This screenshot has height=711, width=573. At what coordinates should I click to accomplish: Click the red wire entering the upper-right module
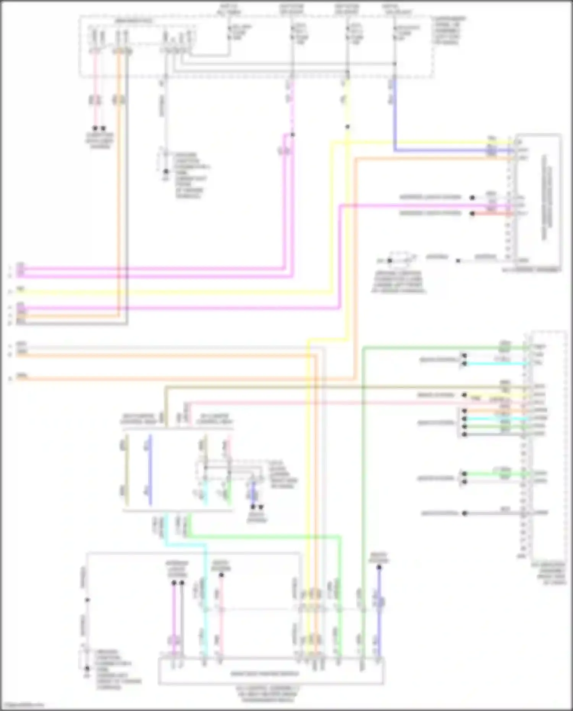493,214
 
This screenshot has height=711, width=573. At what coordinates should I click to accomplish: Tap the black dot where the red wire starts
472,214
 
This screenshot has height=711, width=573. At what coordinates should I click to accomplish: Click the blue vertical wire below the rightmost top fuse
394,115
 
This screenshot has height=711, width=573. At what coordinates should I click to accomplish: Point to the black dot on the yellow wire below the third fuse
347,127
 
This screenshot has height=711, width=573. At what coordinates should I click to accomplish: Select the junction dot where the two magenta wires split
292,134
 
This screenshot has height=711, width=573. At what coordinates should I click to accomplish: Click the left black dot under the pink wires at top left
95,128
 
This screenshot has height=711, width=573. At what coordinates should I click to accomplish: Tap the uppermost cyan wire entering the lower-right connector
497,363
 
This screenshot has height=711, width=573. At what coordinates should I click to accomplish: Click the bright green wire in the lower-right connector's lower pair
497,474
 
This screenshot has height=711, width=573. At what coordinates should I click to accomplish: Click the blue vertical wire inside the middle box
150,470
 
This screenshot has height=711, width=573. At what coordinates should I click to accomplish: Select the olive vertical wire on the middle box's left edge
127,470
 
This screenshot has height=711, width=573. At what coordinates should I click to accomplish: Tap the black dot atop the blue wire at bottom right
379,568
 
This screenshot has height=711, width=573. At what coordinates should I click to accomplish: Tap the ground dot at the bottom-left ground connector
87,668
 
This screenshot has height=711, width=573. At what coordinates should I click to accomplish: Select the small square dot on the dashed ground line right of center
458,261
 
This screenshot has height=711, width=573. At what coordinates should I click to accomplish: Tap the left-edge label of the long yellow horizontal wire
21,290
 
